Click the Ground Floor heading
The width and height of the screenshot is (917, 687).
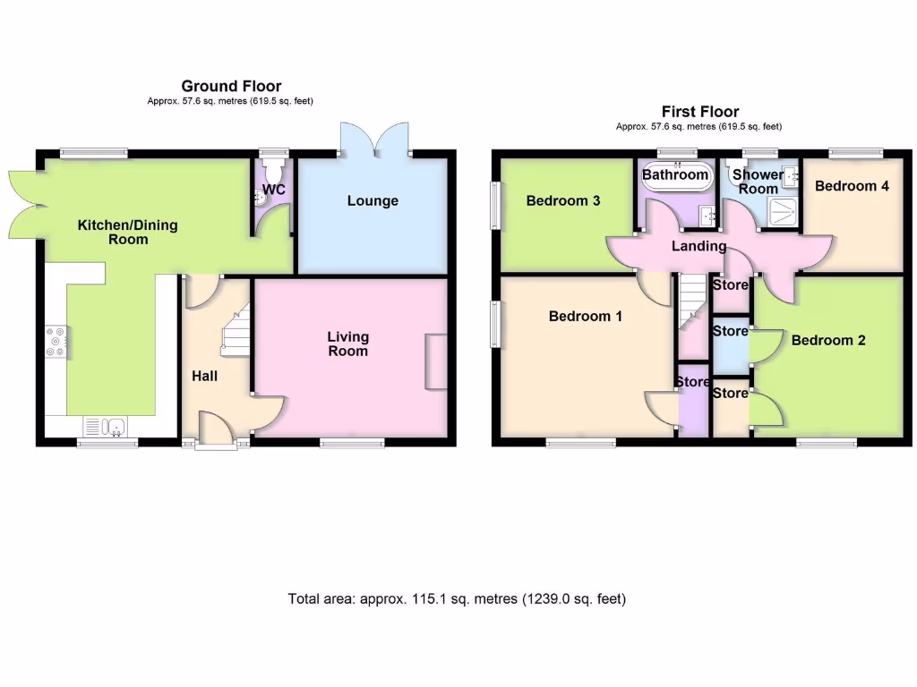point(231,86)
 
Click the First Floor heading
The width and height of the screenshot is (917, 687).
point(699,112)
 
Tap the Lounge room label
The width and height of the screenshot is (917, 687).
point(373,201)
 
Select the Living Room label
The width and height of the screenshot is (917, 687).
point(347,343)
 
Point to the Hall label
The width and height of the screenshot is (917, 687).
point(204,376)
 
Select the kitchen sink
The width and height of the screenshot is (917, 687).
point(106,426)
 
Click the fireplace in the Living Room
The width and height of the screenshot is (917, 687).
point(435,361)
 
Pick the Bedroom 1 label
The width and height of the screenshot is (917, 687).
point(586,316)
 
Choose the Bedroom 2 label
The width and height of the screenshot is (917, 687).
point(828,340)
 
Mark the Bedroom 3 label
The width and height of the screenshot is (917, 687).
point(562,200)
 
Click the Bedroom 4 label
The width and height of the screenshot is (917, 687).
point(852,186)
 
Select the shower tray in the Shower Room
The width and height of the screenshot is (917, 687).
point(781,211)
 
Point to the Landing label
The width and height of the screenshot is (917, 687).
point(699,246)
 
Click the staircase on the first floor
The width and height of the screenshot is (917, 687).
point(690,304)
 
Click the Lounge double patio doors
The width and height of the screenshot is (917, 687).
point(373,140)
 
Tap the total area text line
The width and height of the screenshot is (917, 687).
point(457,598)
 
